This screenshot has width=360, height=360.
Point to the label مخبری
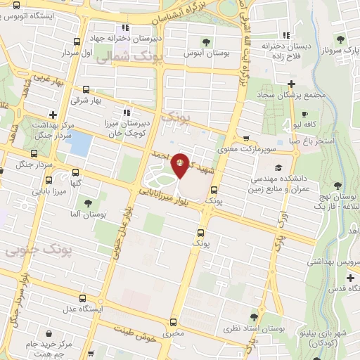click(x=173, y=333)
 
